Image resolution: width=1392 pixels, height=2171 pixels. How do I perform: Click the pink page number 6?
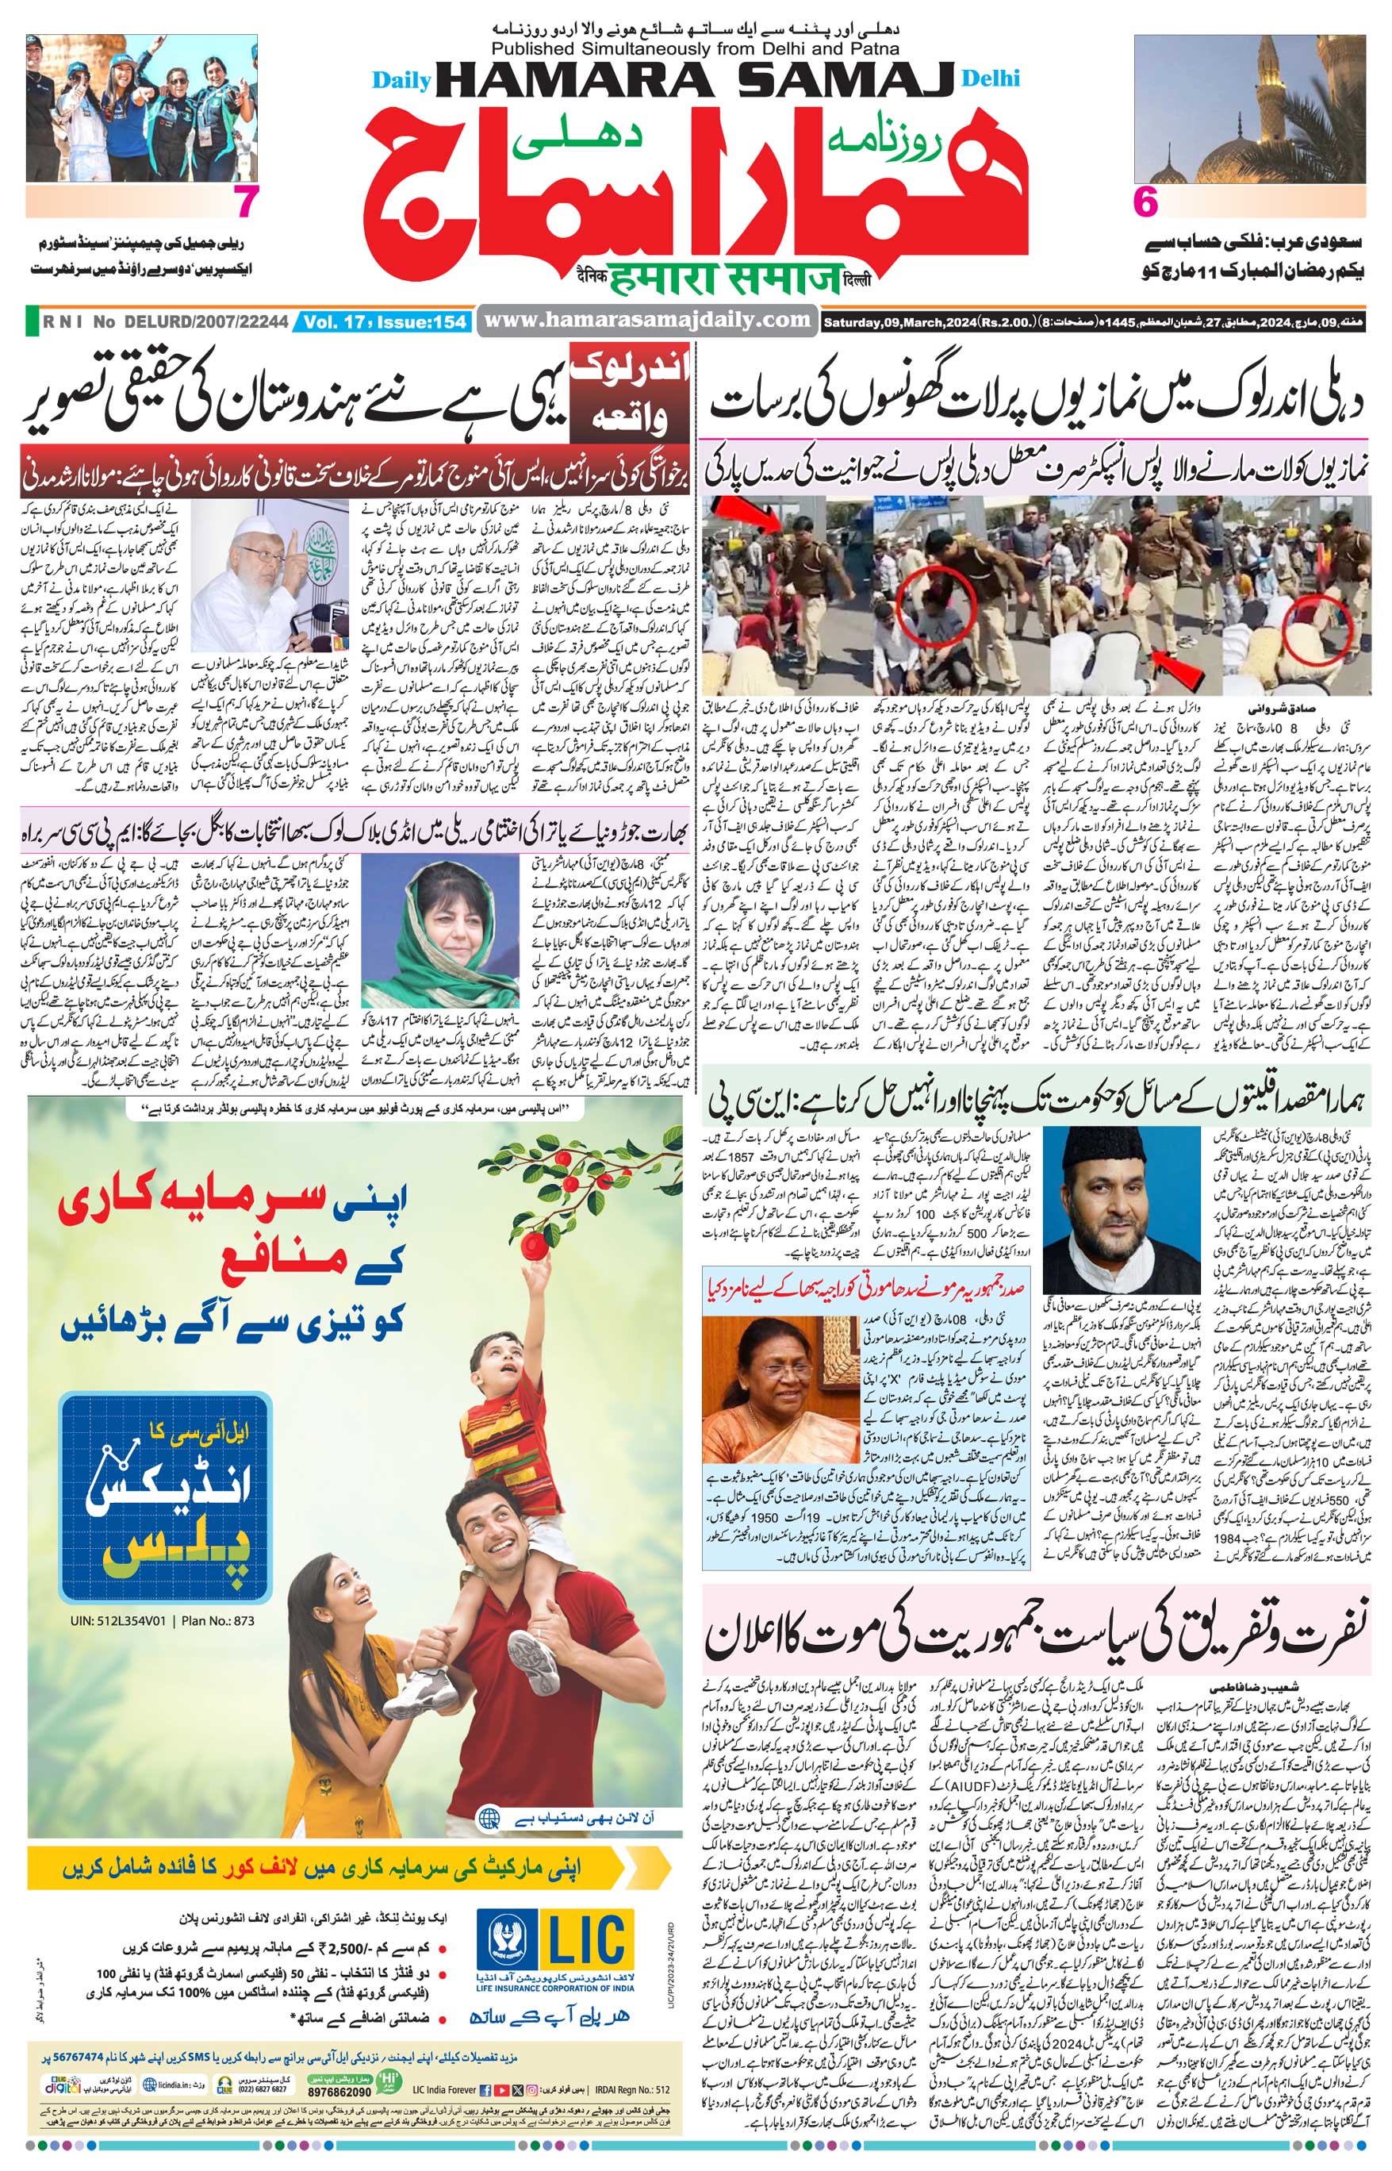tap(1145, 202)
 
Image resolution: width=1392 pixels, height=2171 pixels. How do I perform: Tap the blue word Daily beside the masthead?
tap(401, 80)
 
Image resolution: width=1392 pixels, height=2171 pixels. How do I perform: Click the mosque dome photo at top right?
tap(1250, 109)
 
